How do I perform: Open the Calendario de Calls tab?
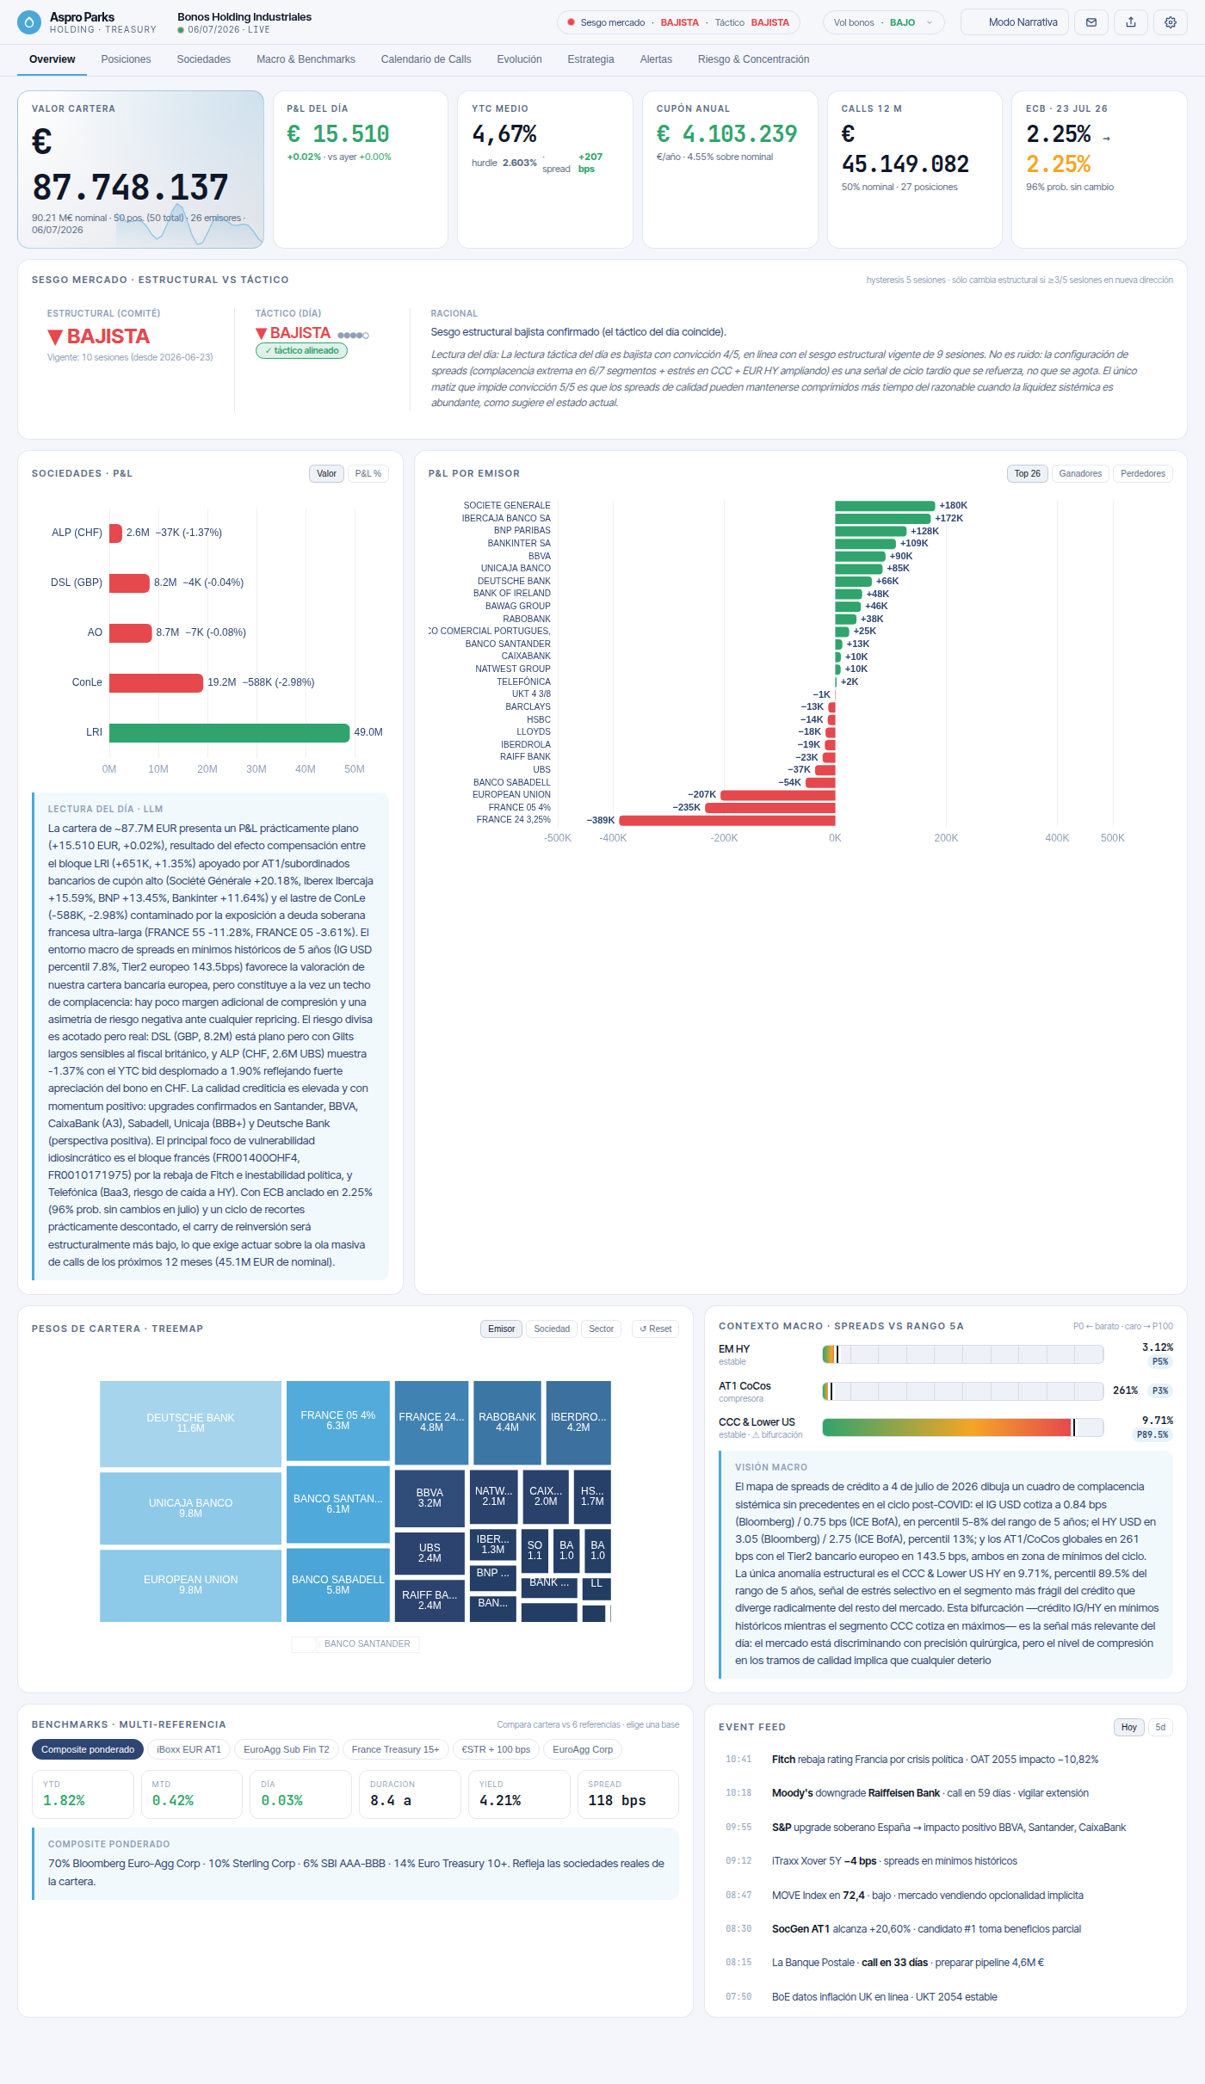(426, 59)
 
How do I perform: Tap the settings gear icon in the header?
(1171, 22)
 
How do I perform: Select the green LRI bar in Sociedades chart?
(229, 732)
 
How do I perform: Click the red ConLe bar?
(156, 682)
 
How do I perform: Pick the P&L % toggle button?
(368, 473)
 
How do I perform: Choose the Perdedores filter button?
(1143, 473)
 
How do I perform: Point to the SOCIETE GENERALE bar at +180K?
(885, 506)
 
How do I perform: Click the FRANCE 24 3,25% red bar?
(727, 820)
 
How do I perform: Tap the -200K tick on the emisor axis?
(724, 838)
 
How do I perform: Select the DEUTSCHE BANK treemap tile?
(190, 1423)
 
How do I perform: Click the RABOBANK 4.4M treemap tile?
(507, 1422)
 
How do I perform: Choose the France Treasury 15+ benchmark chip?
(395, 1749)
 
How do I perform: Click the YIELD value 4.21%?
(500, 1800)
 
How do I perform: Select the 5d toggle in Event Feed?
(1160, 1727)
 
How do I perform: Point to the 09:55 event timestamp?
(738, 1827)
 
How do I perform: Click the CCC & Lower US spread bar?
(962, 1427)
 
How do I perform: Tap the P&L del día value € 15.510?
(338, 134)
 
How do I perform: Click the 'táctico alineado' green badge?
(301, 350)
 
